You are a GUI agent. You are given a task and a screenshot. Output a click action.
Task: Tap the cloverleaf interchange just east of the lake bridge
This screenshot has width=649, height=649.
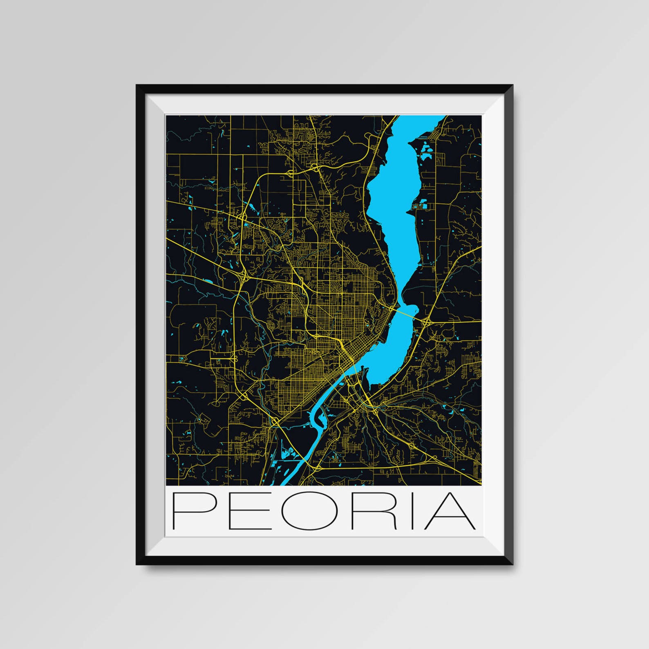point(426,323)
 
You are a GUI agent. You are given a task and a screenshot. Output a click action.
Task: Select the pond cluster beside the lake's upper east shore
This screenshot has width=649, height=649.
point(426,150)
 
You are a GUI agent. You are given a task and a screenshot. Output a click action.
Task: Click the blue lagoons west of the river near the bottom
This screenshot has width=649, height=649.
point(288,454)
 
